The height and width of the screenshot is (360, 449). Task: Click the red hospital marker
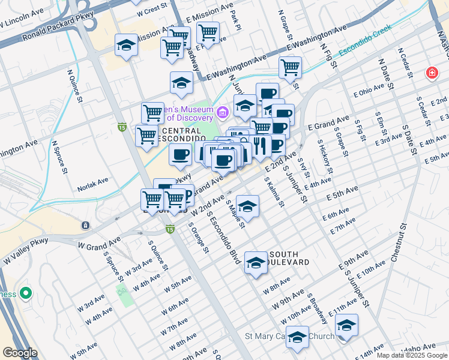coord(431,73)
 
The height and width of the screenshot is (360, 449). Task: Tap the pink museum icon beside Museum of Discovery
coord(223,112)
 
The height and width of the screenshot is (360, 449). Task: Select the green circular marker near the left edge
coord(25,293)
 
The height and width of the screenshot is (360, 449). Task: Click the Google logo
coord(20,353)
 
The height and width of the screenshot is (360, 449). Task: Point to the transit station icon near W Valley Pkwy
coord(85,225)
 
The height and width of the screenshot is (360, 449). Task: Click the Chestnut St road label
coord(399,243)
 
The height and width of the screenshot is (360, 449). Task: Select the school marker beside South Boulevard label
coord(256,263)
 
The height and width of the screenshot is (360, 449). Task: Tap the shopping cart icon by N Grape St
coord(291,67)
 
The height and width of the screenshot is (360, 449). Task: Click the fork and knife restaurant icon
coord(259,145)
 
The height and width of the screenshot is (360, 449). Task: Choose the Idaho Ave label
coord(421,347)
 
